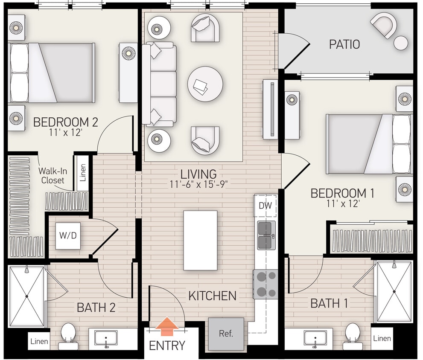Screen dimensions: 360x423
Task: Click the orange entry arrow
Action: coord(167,328)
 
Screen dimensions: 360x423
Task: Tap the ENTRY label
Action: coord(167,345)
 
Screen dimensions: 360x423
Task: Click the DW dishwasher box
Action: coord(265,206)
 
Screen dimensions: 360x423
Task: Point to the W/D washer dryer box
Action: coord(68,235)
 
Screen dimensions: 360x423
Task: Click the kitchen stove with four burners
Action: coord(265,284)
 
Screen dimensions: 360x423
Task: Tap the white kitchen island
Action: coord(200,240)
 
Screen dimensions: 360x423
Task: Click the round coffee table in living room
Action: coord(205,84)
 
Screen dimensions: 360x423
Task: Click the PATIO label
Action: coord(344,44)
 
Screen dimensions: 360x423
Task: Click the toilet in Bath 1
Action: coord(352,334)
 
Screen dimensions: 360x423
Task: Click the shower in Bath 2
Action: coord(26,296)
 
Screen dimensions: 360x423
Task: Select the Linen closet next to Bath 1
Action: coord(382,338)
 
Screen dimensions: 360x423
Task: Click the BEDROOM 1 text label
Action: coord(342,193)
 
